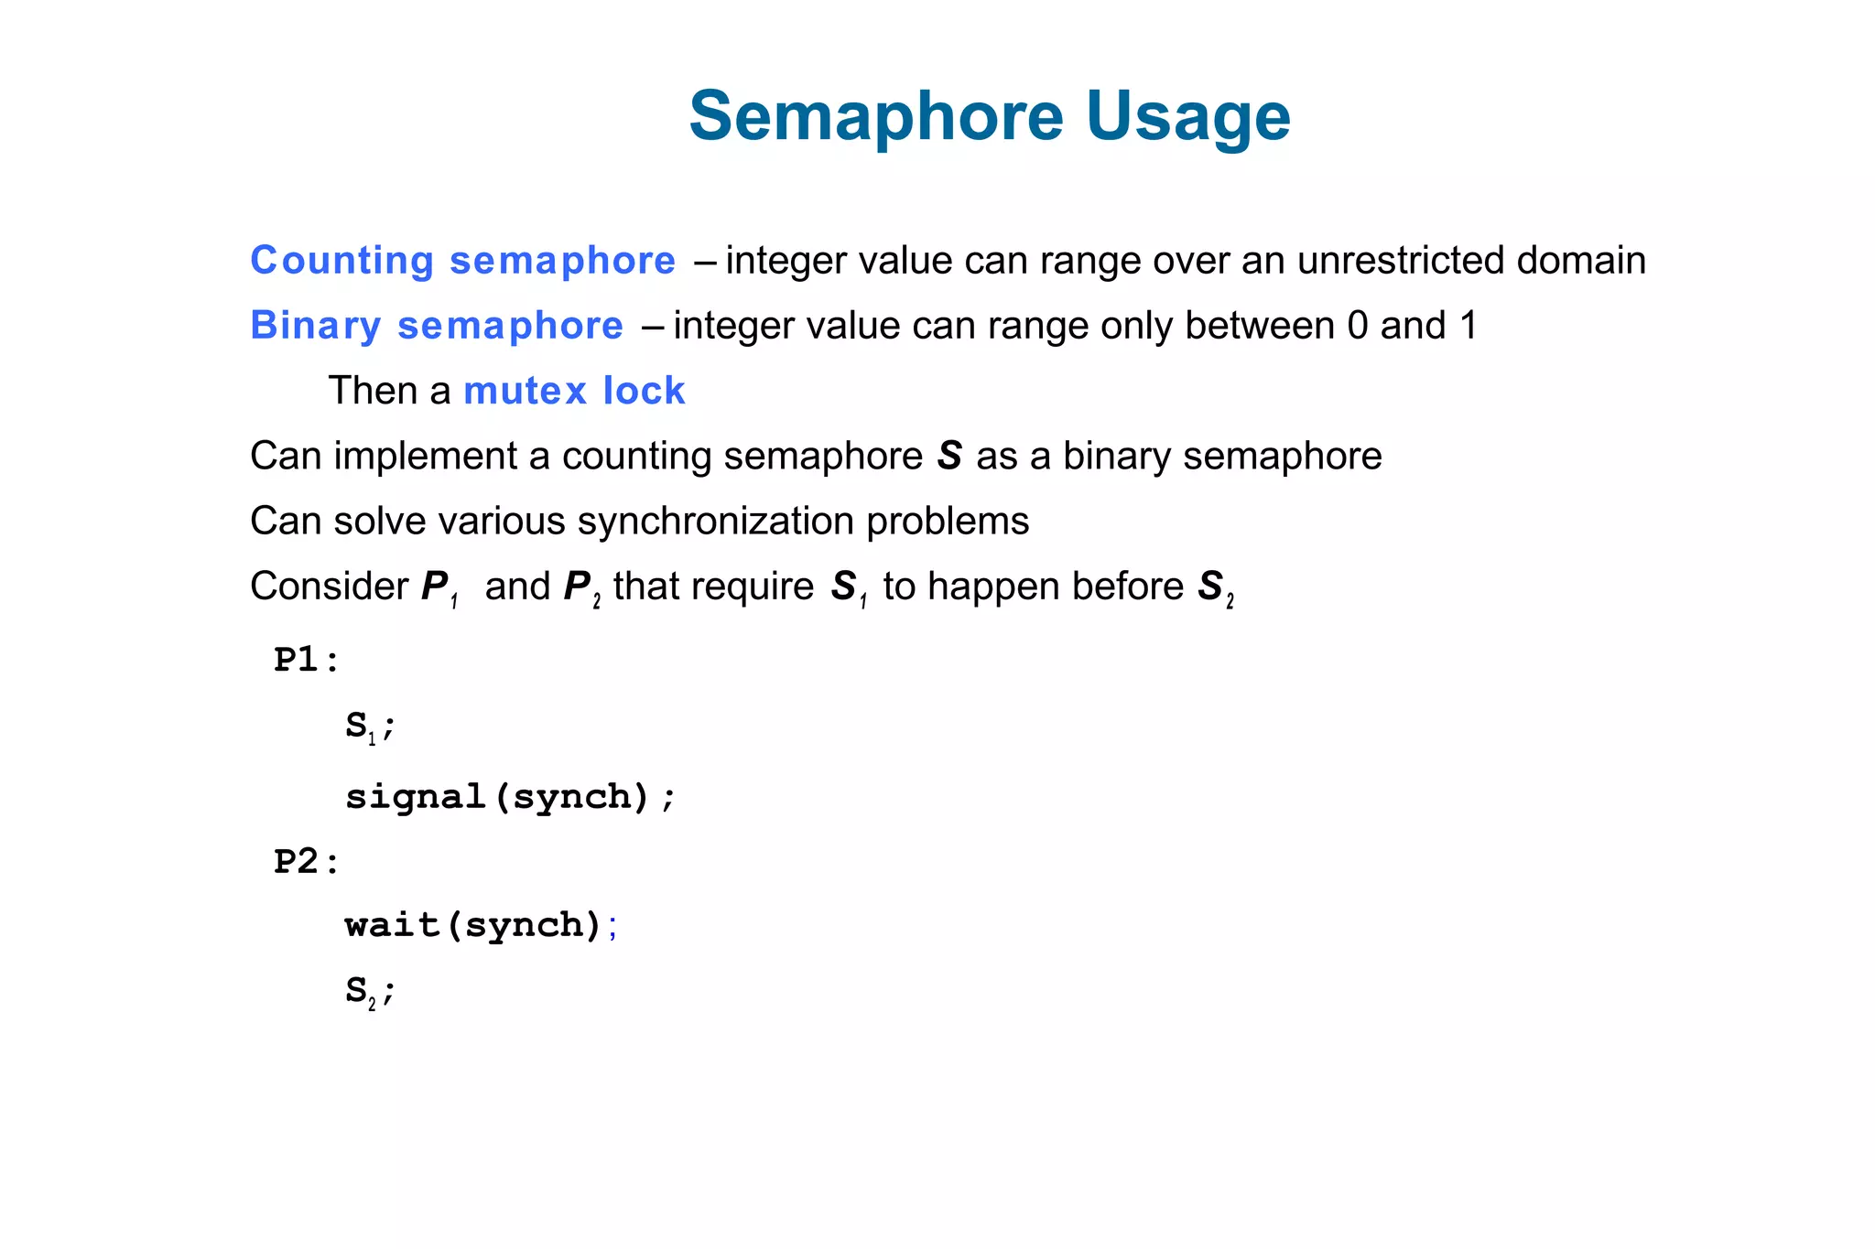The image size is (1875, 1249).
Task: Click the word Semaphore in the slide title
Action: [x=875, y=117]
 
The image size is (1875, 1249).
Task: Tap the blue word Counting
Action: [x=341, y=261]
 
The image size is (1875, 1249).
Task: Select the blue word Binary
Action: [x=315, y=326]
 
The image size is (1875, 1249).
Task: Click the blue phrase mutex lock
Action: [x=574, y=392]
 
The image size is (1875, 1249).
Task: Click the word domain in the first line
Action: [x=1581, y=261]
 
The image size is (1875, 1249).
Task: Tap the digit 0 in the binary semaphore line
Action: [x=1357, y=326]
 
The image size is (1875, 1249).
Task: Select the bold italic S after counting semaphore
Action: [x=949, y=456]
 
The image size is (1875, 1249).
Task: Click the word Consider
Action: [x=329, y=587]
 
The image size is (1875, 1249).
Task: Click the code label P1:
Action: [x=306, y=660]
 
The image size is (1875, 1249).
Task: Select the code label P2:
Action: [x=306, y=862]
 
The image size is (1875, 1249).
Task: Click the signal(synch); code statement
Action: [x=510, y=797]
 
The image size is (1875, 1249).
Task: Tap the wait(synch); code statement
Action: [x=482, y=925]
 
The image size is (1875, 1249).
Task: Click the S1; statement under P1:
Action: [x=369, y=727]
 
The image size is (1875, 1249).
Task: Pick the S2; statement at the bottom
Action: [x=369, y=991]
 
